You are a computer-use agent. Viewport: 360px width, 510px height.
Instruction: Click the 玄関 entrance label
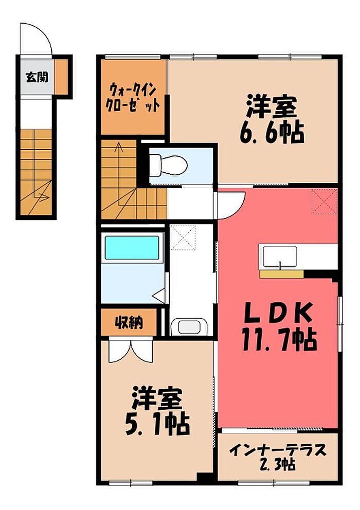click(37, 77)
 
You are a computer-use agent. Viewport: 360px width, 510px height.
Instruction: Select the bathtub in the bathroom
click(132, 248)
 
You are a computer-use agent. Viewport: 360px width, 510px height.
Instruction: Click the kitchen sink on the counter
click(280, 257)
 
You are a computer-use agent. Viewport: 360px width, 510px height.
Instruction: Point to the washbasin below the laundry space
click(189, 327)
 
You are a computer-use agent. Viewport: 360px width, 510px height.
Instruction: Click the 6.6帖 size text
click(272, 133)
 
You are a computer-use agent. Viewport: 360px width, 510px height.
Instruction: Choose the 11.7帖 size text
click(279, 339)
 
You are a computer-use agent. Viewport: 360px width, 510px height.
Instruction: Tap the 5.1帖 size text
click(157, 423)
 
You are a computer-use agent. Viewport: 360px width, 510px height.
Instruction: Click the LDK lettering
click(278, 313)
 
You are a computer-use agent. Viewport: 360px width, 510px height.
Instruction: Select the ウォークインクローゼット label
click(134, 97)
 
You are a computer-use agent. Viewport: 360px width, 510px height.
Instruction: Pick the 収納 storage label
click(129, 322)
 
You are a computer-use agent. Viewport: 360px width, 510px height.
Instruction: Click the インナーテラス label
click(278, 450)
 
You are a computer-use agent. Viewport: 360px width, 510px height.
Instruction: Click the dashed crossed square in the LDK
click(324, 202)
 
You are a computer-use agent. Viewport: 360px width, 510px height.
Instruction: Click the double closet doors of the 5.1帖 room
click(131, 351)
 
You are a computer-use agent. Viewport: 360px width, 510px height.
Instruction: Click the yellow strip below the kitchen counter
click(281, 274)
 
